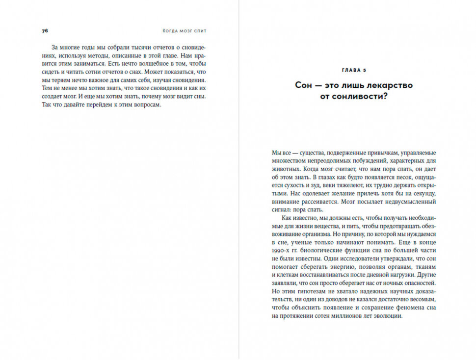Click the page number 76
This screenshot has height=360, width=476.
pyautogui.click(x=45, y=30)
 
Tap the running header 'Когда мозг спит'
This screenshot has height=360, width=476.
pyautogui.click(x=185, y=30)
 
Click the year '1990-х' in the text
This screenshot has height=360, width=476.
pyautogui.click(x=280, y=250)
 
